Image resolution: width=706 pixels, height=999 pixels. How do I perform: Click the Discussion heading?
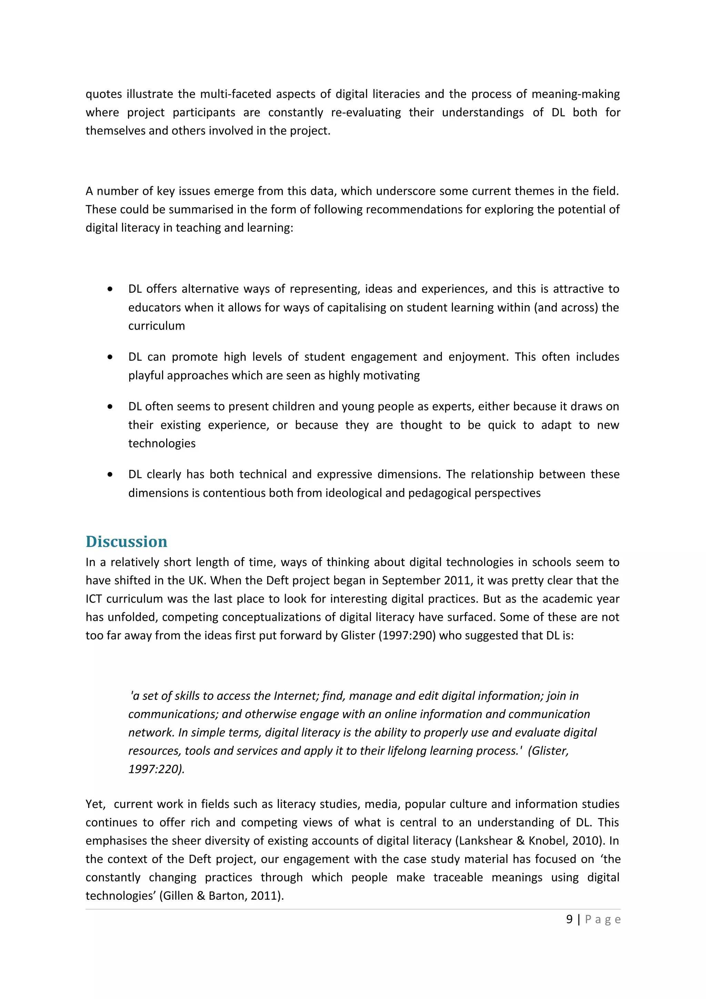(126, 541)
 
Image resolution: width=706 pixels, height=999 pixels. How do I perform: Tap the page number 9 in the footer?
(569, 919)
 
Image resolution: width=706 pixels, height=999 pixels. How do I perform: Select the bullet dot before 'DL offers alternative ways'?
(110, 289)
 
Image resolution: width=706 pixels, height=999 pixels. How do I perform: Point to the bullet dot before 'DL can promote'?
(110, 357)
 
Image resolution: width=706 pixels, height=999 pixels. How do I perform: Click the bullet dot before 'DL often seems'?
(110, 407)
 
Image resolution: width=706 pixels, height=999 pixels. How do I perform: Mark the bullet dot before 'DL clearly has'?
(110, 475)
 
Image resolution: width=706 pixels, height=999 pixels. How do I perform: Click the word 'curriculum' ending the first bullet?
(156, 326)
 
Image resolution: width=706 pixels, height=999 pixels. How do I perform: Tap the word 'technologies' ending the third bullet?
(162, 443)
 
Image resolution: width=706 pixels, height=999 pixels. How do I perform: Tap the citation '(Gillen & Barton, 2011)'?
(222, 896)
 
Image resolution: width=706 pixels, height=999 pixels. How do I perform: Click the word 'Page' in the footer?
(603, 919)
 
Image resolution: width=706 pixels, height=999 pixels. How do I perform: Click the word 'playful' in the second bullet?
(146, 375)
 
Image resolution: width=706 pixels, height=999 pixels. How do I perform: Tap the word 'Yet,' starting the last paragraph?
(95, 804)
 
